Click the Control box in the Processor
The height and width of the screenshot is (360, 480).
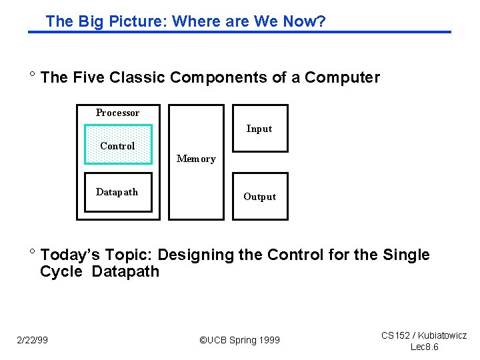118,145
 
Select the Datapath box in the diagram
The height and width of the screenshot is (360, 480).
118,192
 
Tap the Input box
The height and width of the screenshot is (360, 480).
259,129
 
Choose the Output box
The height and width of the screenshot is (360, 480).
259,196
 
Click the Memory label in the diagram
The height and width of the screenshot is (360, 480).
196,159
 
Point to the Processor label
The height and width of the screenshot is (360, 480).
117,113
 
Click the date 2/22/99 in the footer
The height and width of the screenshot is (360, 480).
33,340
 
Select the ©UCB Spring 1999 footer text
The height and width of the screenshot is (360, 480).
240,340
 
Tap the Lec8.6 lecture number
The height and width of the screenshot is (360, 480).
424,347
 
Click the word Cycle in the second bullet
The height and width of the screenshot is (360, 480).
61,271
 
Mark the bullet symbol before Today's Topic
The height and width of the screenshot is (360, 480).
31,252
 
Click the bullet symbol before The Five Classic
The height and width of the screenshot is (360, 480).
31,75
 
